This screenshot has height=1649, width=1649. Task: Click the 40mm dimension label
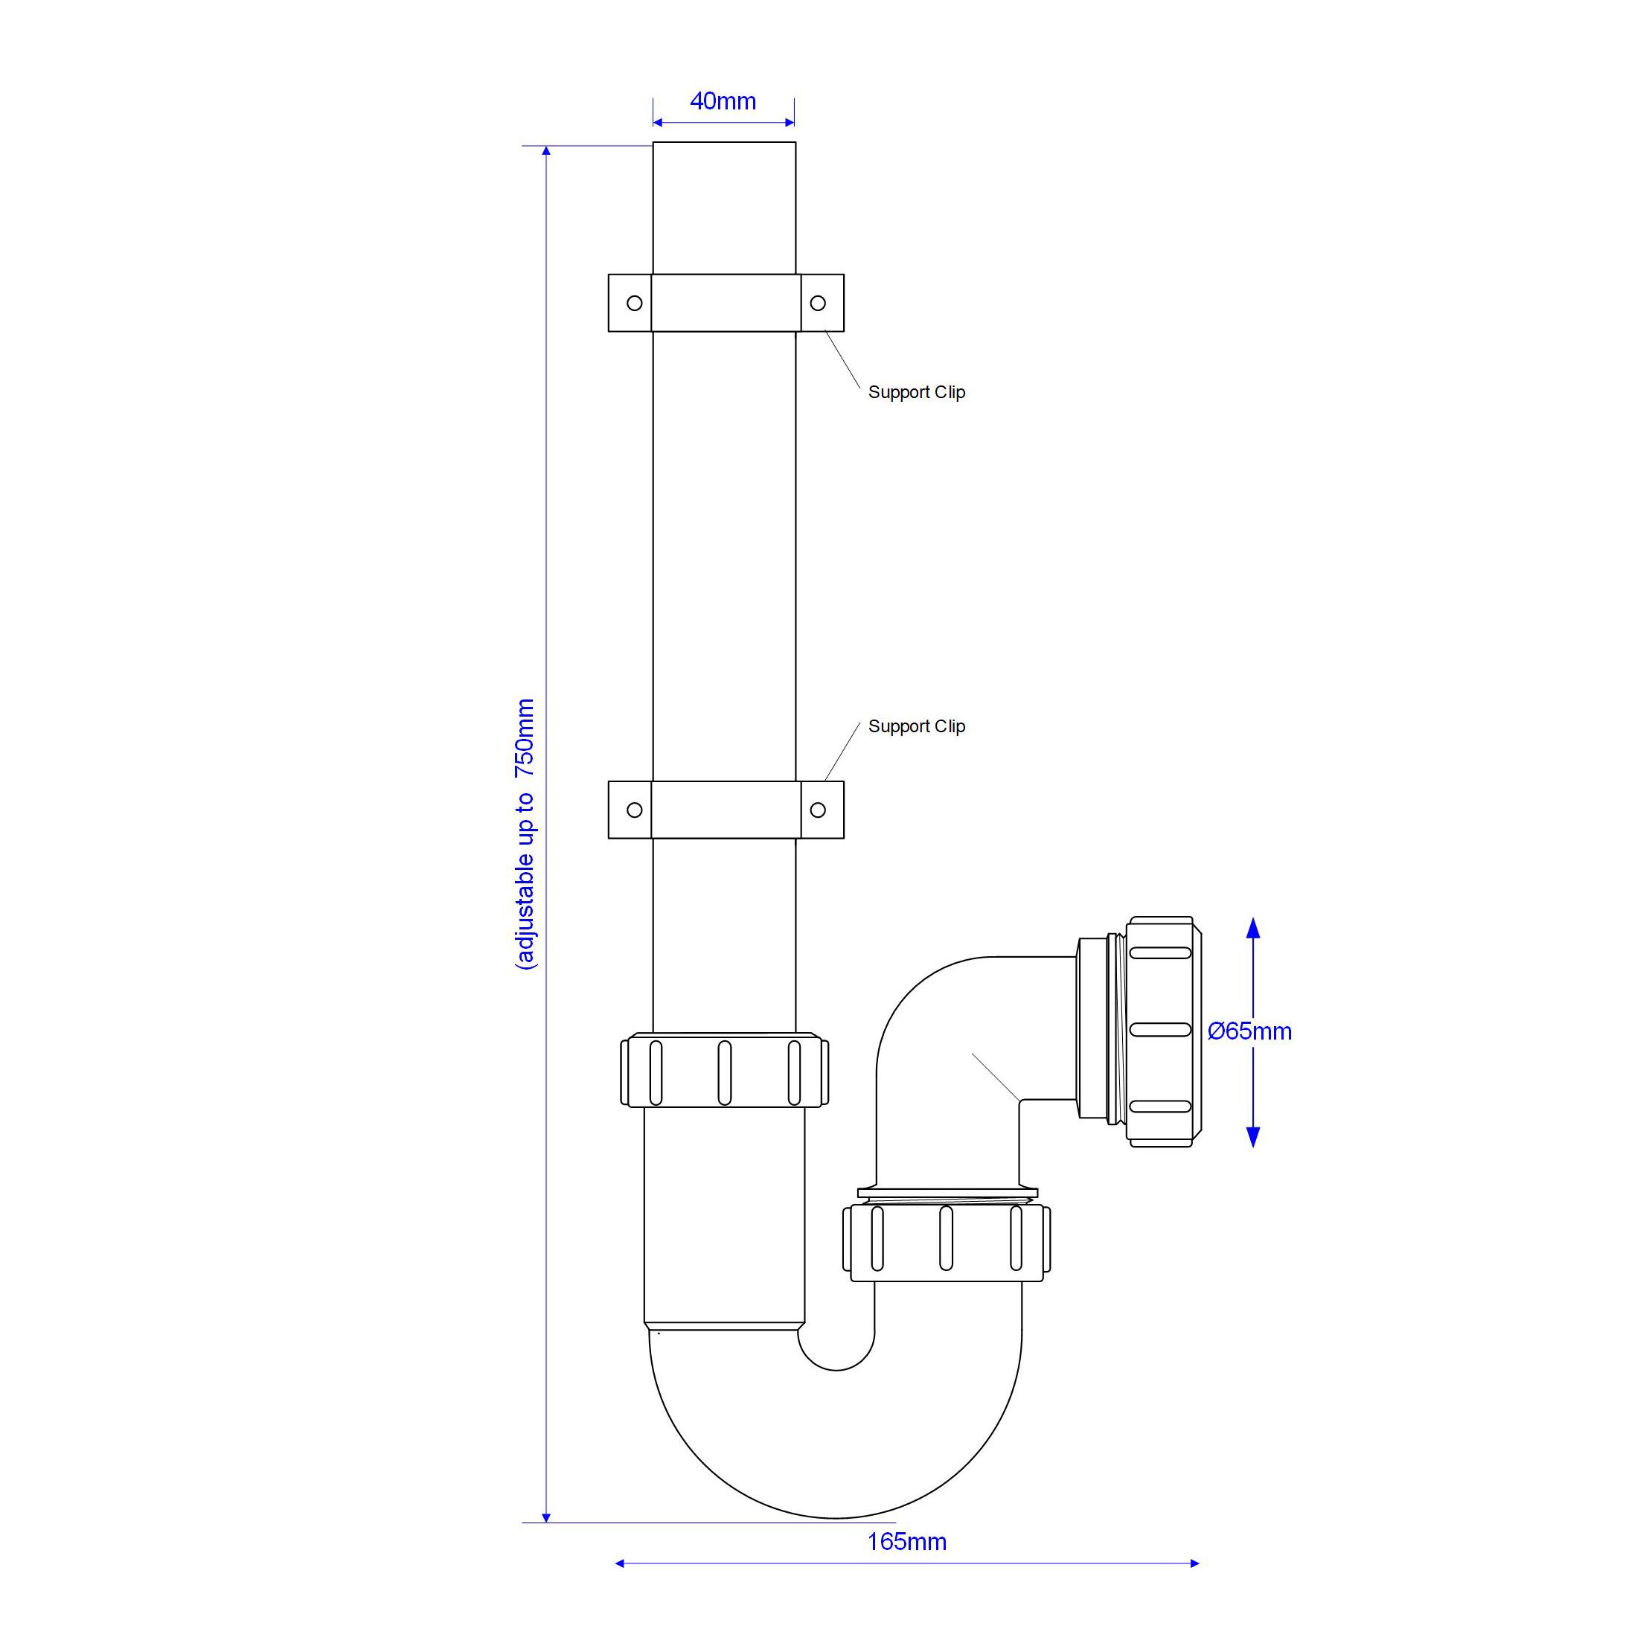tap(723, 100)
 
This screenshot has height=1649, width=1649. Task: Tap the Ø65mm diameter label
tap(1249, 1031)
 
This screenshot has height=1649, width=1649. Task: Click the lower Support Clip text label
tap(916, 726)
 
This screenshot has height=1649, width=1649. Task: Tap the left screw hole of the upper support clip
tap(634, 303)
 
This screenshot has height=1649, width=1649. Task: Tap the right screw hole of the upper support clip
tap(818, 303)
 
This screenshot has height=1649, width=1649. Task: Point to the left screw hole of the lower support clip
tap(634, 810)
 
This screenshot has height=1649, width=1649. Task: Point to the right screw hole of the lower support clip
tap(818, 810)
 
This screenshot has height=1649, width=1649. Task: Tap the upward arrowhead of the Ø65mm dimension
tap(1253, 929)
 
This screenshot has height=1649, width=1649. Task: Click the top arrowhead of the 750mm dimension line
tap(546, 151)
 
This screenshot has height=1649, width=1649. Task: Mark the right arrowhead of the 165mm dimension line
tap(1194, 1563)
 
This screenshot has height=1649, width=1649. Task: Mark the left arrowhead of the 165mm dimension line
tap(621, 1563)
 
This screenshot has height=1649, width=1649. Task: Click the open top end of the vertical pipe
tap(724, 144)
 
